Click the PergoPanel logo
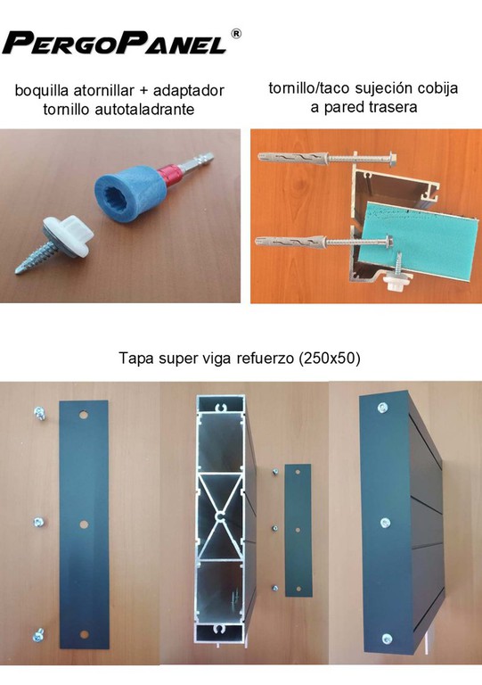pyautogui.click(x=115, y=43)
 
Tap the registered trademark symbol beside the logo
pyautogui.click(x=235, y=34)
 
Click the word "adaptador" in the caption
pyautogui.click(x=189, y=91)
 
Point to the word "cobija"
pyautogui.click(x=437, y=88)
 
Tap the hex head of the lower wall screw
pyautogui.click(x=388, y=239)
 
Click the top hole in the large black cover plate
pyautogui.click(x=84, y=414)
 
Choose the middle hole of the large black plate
pyautogui.click(x=84, y=524)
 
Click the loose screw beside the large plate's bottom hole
pyautogui.click(x=38, y=636)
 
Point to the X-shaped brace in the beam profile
pyautogui.click(x=220, y=516)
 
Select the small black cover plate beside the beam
pyautogui.click(x=298, y=531)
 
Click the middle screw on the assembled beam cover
pyautogui.click(x=385, y=523)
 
